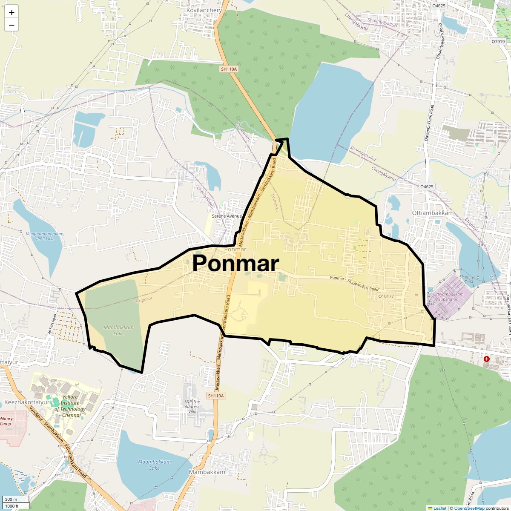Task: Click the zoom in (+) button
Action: pos(11,12)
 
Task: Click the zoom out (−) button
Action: pos(11,25)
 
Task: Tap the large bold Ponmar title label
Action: pos(235,263)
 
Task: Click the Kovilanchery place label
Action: pos(204,10)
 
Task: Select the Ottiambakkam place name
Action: pos(433,213)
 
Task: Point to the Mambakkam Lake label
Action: pos(118,330)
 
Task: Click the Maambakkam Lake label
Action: pos(154,465)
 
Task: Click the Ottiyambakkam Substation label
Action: pos(448,296)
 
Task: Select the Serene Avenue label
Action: pos(227,216)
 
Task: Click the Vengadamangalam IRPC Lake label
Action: pos(45,236)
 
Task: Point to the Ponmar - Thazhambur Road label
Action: pos(354,284)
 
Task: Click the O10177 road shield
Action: pos(386,296)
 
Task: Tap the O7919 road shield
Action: pos(498,42)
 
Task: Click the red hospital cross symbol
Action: pos(487,359)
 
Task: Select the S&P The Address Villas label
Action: pos(192,407)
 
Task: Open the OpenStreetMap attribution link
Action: pos(469,508)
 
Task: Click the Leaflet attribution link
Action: pos(440,508)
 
